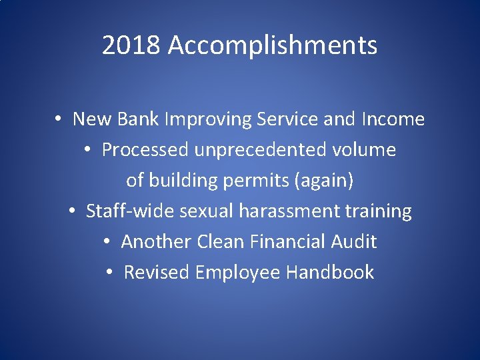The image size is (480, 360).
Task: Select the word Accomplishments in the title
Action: click(273, 46)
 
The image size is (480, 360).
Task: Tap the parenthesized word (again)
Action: click(327, 181)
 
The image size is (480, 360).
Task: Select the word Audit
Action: click(354, 241)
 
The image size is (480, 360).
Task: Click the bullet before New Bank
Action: click(59, 120)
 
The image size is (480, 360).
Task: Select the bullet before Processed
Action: click(89, 151)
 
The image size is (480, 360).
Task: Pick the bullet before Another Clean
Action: click(108, 242)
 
